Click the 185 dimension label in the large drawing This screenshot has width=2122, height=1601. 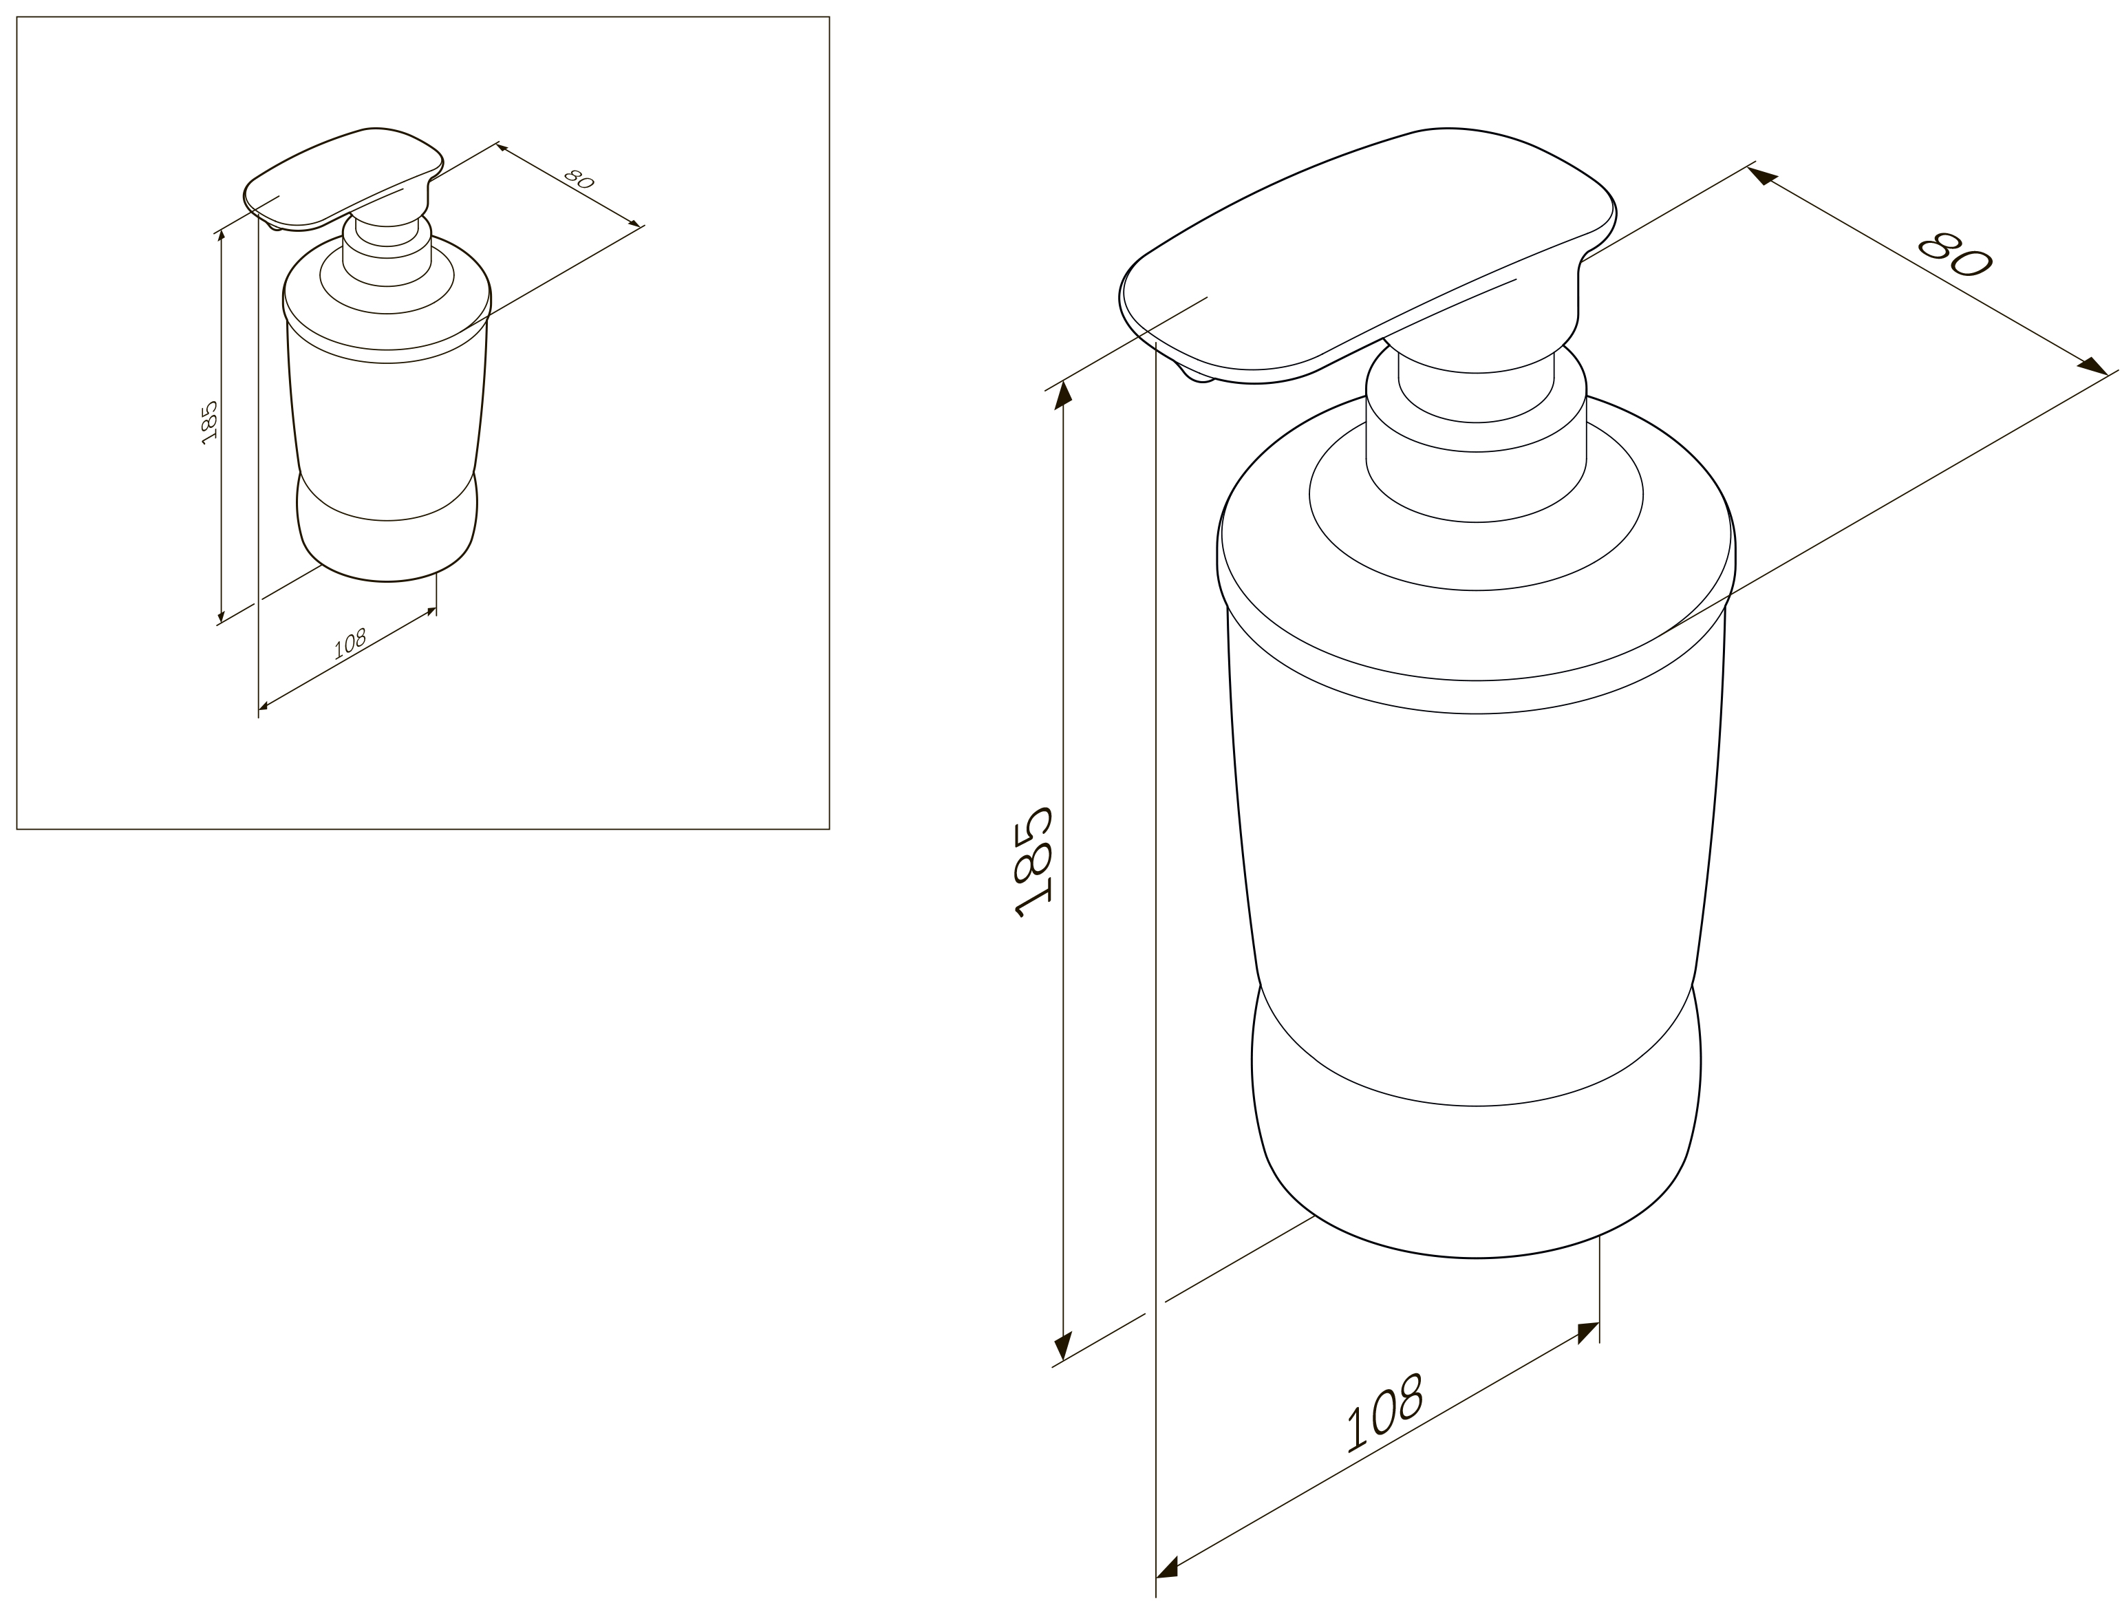(x=1033, y=862)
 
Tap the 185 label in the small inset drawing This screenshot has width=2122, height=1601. (x=210, y=422)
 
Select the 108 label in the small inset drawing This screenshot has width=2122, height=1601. (x=350, y=643)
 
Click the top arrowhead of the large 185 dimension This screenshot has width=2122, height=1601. (x=1063, y=394)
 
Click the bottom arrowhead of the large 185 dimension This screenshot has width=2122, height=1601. (x=1063, y=1345)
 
